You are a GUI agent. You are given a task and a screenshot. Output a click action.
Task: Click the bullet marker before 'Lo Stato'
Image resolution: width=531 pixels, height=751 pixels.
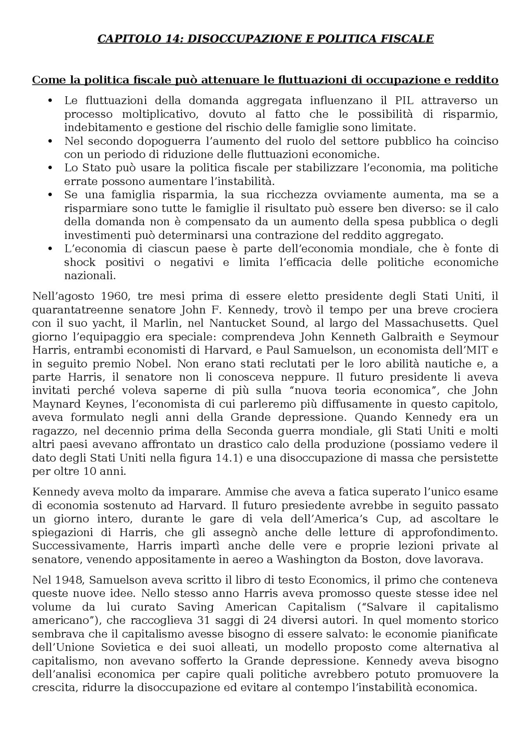tap(51, 168)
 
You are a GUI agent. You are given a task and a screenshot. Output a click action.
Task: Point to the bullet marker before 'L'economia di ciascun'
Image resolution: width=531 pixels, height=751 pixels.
tap(51, 249)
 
